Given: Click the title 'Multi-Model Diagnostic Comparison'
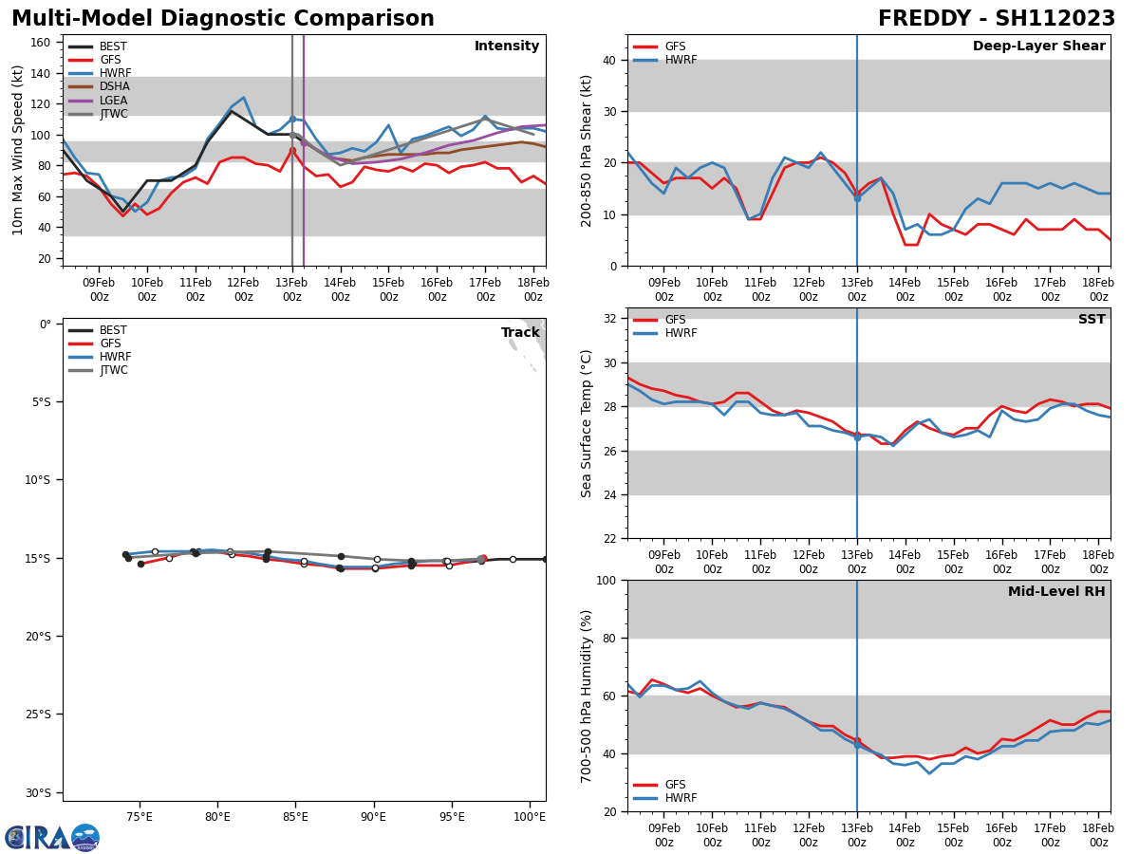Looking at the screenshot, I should coord(223,19).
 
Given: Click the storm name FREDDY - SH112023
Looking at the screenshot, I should coord(996,19).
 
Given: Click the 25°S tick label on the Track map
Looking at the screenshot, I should coord(38,715).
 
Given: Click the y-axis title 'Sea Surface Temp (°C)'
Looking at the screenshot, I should coord(588,423).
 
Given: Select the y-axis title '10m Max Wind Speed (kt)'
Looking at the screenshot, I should coord(18,150).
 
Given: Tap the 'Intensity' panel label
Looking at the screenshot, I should coord(507,46).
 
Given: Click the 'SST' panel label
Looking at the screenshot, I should coord(1092,320).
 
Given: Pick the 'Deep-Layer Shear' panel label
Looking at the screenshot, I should coord(1038,46).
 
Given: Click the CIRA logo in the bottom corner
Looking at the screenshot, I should coord(52,837).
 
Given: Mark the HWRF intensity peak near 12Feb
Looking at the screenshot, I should coord(243,97).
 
